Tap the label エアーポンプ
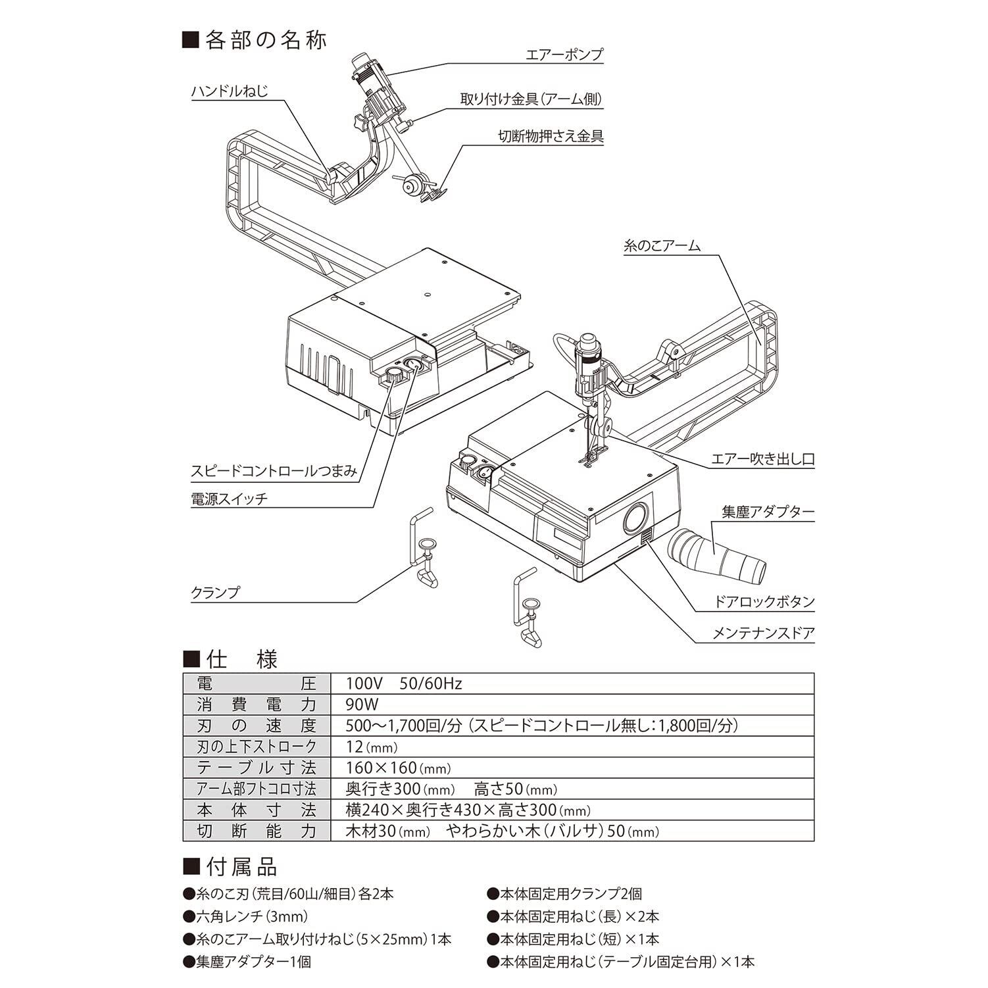(564, 54)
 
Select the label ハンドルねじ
(230, 91)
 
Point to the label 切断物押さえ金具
(551, 136)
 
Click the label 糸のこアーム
(661, 246)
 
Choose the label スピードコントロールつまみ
(274, 471)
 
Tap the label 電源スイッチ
(229, 498)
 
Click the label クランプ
(215, 592)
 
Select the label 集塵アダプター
(768, 512)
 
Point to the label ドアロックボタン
(764, 601)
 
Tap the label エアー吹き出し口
(762, 459)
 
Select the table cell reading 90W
(362, 704)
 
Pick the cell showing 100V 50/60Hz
(404, 683)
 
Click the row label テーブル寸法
(257, 768)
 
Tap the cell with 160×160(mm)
(398, 768)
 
